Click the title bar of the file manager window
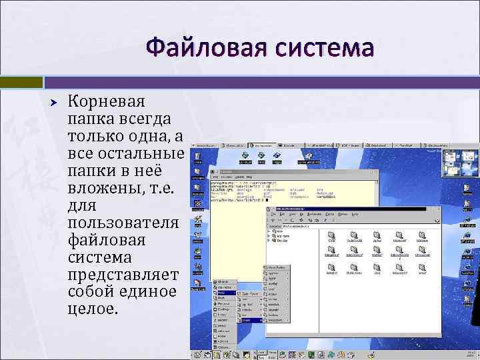(353, 209)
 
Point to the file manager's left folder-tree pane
(292, 280)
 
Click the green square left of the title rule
(21, 82)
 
